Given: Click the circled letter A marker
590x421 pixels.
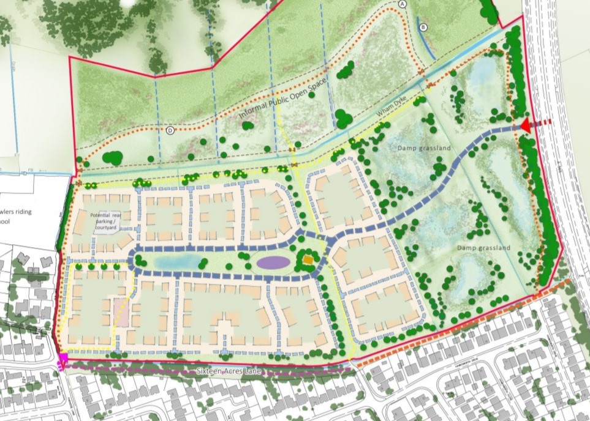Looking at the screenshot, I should click(x=403, y=4).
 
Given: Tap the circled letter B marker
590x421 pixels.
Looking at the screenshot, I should click(x=422, y=28).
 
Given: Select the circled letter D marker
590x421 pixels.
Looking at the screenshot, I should click(x=170, y=130).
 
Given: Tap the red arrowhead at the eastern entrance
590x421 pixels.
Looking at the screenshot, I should click(x=526, y=126).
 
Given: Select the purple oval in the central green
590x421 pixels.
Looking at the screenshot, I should click(x=273, y=263).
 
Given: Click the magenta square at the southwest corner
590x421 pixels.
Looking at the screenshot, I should click(x=62, y=358).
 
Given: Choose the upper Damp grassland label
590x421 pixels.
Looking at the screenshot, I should click(x=424, y=148).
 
